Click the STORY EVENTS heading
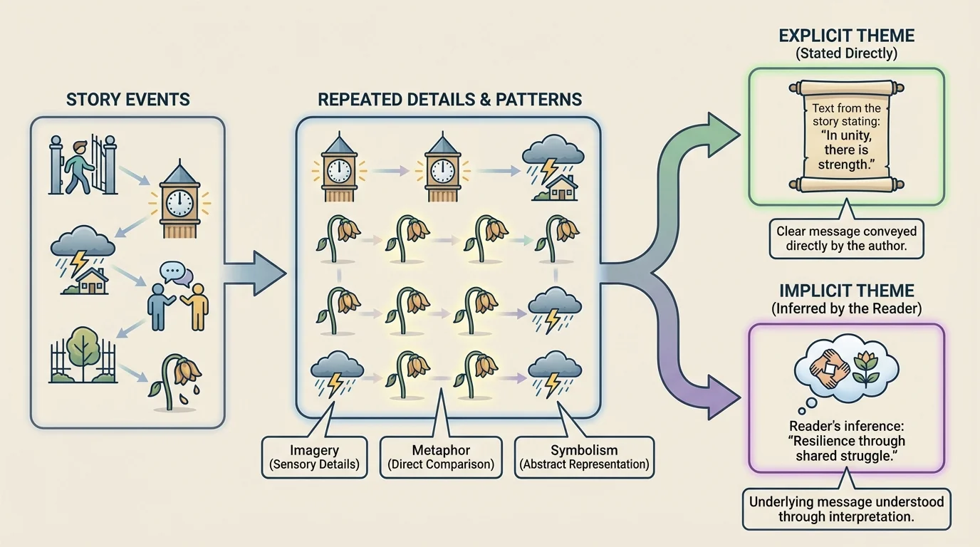click(128, 99)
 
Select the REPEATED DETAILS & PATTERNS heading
click(449, 99)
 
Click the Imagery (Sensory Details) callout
click(315, 457)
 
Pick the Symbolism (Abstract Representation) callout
click(584, 457)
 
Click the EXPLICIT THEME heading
click(846, 36)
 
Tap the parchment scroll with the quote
click(846, 135)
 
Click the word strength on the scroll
click(845, 165)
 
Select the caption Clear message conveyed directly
click(846, 239)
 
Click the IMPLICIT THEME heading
click(846, 291)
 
